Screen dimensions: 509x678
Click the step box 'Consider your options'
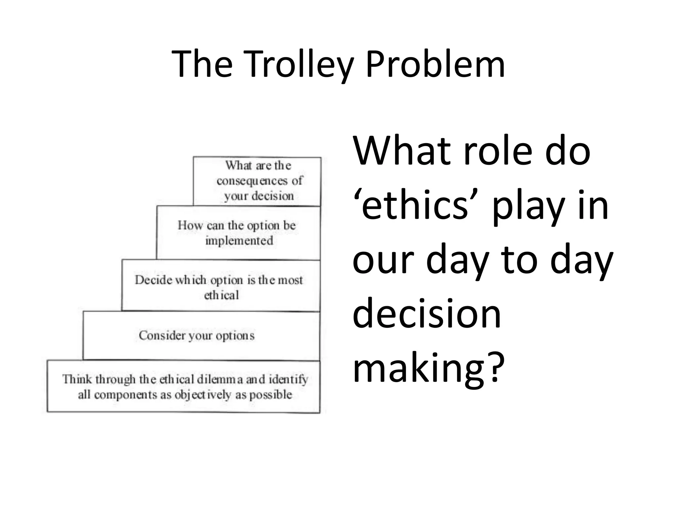(201, 336)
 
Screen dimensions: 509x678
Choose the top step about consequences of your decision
(257, 181)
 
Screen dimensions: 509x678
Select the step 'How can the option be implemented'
(238, 233)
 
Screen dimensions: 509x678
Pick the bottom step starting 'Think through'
(184, 386)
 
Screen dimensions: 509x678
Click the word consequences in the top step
(252, 181)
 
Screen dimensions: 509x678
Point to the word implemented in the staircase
(239, 241)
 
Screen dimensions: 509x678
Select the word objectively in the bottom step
(203, 395)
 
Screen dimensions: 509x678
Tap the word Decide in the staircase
(154, 280)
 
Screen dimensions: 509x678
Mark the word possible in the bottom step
(270, 395)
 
